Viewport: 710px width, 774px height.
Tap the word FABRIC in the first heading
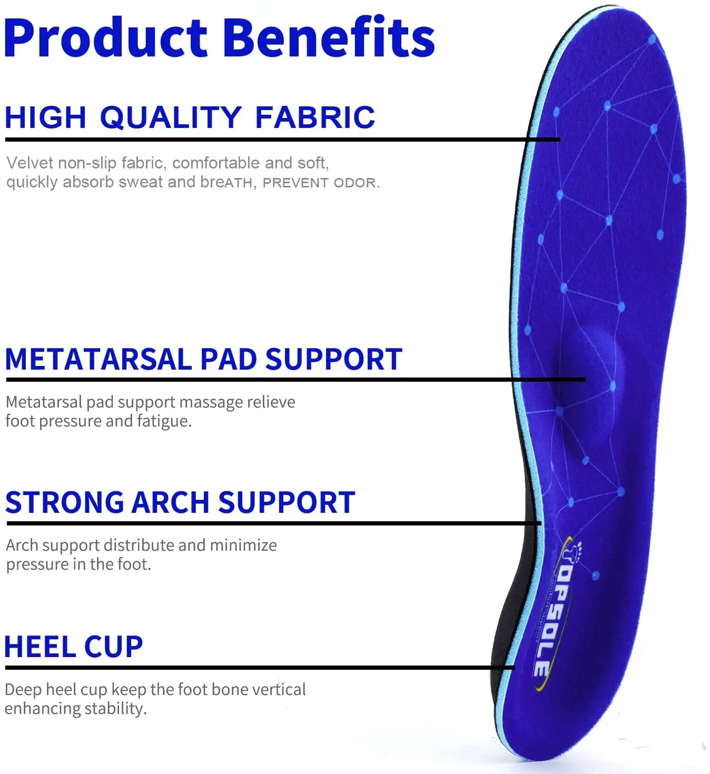[315, 117]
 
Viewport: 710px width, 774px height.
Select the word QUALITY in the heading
[170, 117]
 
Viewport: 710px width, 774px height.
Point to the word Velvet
[29, 163]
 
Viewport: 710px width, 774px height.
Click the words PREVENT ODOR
[320, 183]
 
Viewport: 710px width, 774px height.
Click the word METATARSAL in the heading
[98, 360]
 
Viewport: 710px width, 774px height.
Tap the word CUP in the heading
[113, 647]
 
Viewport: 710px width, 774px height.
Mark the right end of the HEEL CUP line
[513, 668]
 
